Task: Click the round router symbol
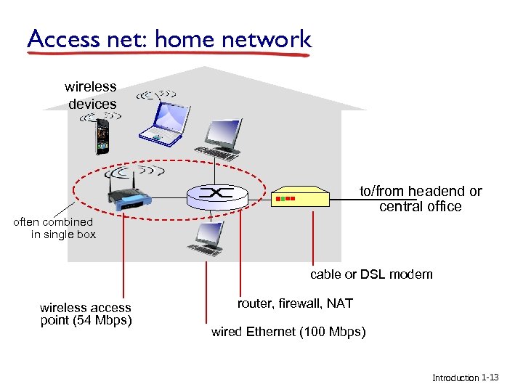click(x=217, y=194)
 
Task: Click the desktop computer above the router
click(x=222, y=139)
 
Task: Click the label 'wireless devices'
click(x=92, y=95)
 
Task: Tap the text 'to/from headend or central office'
click(x=421, y=199)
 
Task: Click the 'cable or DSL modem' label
click(x=371, y=274)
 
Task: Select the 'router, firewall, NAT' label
click(x=295, y=303)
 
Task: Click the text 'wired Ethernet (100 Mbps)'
click(x=288, y=332)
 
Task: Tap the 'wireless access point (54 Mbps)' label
click(x=86, y=314)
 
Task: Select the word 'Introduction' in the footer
click(x=455, y=378)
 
